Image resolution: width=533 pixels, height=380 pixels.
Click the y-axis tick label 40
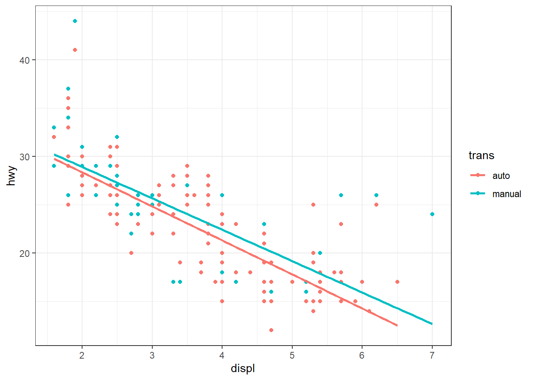click(25, 60)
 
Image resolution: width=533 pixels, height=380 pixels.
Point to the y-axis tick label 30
click(25, 157)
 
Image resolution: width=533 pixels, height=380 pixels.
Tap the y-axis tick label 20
click(25, 253)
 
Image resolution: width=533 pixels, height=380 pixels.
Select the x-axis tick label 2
click(82, 355)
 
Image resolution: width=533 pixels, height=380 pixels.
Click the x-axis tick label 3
click(152, 355)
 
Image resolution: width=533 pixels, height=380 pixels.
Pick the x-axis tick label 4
click(222, 355)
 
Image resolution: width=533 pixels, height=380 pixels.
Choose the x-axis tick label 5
click(292, 355)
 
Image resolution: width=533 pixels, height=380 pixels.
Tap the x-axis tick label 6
click(362, 355)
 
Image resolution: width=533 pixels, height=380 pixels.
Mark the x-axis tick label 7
click(432, 355)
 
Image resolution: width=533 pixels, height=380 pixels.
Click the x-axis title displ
click(243, 369)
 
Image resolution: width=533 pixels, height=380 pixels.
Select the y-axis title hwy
click(12, 176)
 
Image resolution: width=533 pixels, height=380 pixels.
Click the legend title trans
click(481, 156)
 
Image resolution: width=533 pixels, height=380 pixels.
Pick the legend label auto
click(501, 176)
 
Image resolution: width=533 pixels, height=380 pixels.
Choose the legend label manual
click(506, 194)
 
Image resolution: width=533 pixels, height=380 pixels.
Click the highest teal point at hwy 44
click(75, 21)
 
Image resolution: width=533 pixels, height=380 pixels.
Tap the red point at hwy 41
click(75, 50)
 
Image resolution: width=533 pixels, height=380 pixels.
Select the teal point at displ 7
click(432, 214)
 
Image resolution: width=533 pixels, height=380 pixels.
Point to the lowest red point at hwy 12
click(271, 330)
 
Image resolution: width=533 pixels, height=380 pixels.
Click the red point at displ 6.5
click(397, 282)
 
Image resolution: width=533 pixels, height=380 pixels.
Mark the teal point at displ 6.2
click(376, 195)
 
